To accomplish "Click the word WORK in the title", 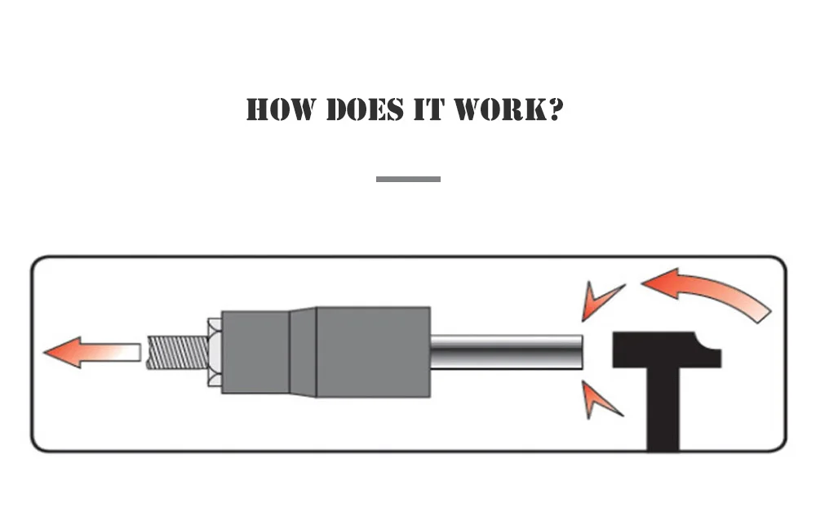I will coord(495,109).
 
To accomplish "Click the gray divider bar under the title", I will coord(408,179).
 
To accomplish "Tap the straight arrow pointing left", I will coord(90,352).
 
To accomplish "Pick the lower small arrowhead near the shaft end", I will coord(600,398).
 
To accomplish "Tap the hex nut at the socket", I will coord(215,352).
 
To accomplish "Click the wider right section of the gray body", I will coord(372,352).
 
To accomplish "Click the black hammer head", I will coord(661,349).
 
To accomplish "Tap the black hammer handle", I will coord(663,412).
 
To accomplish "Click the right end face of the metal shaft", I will coord(580,352).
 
